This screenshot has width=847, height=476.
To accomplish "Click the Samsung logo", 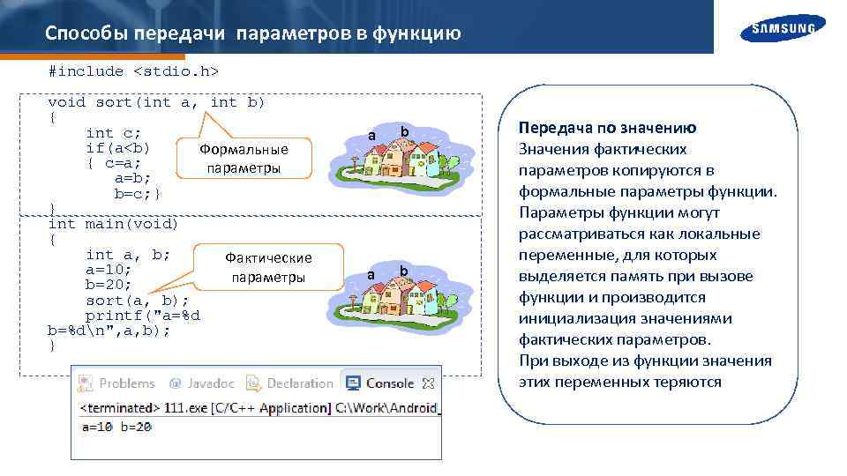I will tap(783, 29).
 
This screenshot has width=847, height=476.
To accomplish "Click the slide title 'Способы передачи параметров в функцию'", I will tap(252, 33).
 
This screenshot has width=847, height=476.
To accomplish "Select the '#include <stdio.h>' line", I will tap(133, 70).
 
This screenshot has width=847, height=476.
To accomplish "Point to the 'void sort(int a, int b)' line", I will tap(156, 102).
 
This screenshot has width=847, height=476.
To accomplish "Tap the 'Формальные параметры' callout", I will tap(244, 159).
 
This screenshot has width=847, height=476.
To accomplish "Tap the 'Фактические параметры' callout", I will tap(268, 267).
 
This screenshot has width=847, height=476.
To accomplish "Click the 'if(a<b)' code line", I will tap(117, 147).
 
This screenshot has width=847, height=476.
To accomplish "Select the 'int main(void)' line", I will tap(113, 224).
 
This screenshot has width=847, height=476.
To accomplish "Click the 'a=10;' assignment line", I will tap(109, 269).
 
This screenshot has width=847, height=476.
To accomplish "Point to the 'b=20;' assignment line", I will tap(109, 285).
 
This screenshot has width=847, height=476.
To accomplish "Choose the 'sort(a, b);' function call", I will tap(137, 300).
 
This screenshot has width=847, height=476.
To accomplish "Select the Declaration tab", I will tap(290, 383).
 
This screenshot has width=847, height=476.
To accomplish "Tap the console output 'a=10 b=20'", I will tap(116, 426).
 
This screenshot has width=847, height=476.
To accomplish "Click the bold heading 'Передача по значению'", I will tap(607, 128).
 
